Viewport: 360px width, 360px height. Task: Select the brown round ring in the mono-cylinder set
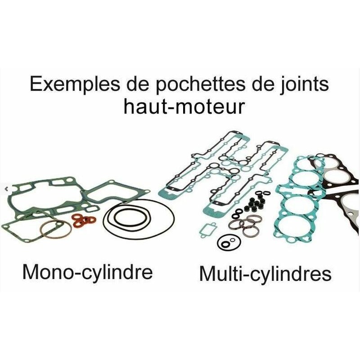coord(55,230)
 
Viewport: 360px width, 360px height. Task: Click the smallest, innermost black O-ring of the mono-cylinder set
coord(127,220)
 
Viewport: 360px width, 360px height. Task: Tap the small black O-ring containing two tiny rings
coord(225,243)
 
